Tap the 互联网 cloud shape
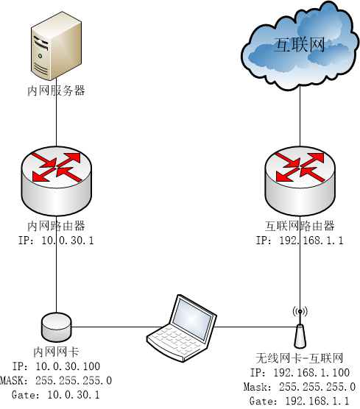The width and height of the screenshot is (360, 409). tap(299, 46)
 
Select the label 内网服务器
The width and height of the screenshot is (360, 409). tap(56, 90)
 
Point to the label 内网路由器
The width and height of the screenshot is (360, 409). tap(57, 226)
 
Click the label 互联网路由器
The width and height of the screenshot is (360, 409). tap(300, 226)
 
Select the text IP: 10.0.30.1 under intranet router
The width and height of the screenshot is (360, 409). tap(57, 241)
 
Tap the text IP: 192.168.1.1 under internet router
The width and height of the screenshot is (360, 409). tap(300, 241)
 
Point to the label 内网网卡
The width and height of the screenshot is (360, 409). tap(57, 352)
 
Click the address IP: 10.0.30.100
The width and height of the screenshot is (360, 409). tap(57, 366)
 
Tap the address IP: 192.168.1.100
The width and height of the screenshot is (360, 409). tap(300, 372)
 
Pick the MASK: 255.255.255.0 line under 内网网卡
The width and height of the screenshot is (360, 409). tap(57, 380)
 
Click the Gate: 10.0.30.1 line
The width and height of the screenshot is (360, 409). tap(57, 395)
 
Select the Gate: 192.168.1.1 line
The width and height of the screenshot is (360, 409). tap(300, 401)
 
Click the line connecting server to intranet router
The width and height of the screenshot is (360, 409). tap(57, 121)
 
